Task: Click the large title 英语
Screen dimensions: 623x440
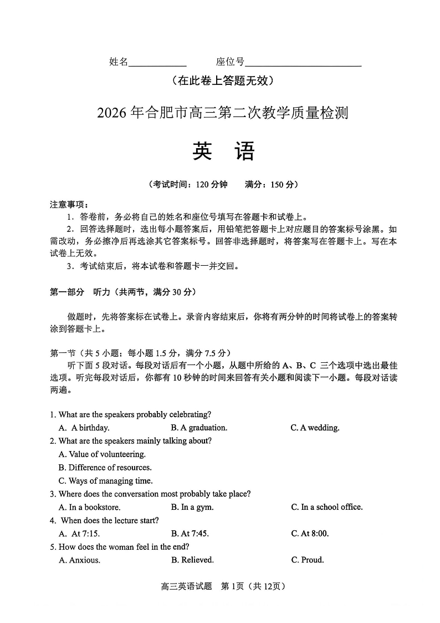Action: (x=223, y=151)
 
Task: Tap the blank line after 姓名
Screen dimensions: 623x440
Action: (x=157, y=63)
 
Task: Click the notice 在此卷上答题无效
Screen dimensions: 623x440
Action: (x=223, y=81)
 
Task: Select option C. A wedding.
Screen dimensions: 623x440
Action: (x=315, y=428)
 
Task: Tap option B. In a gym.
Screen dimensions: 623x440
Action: (x=192, y=507)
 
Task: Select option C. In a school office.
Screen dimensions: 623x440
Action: (x=326, y=507)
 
